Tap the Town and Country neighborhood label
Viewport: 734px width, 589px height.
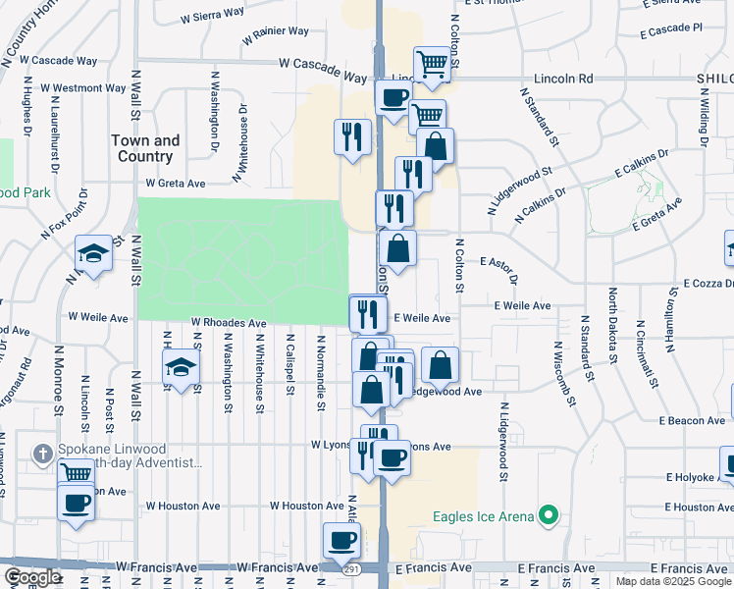click(x=145, y=148)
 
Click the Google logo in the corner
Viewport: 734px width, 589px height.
click(x=31, y=577)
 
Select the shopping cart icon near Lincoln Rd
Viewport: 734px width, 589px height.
click(x=432, y=65)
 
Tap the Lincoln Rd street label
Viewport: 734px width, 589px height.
click(x=564, y=78)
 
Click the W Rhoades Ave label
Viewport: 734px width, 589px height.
click(x=229, y=323)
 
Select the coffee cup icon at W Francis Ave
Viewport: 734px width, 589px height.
click(x=342, y=539)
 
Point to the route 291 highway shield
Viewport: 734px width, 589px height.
click(x=351, y=569)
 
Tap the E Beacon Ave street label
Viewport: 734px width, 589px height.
click(x=692, y=421)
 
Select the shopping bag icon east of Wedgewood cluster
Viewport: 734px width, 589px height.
click(x=441, y=364)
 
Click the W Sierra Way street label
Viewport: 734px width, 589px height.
click(x=213, y=15)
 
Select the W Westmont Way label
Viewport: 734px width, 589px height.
click(x=82, y=88)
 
